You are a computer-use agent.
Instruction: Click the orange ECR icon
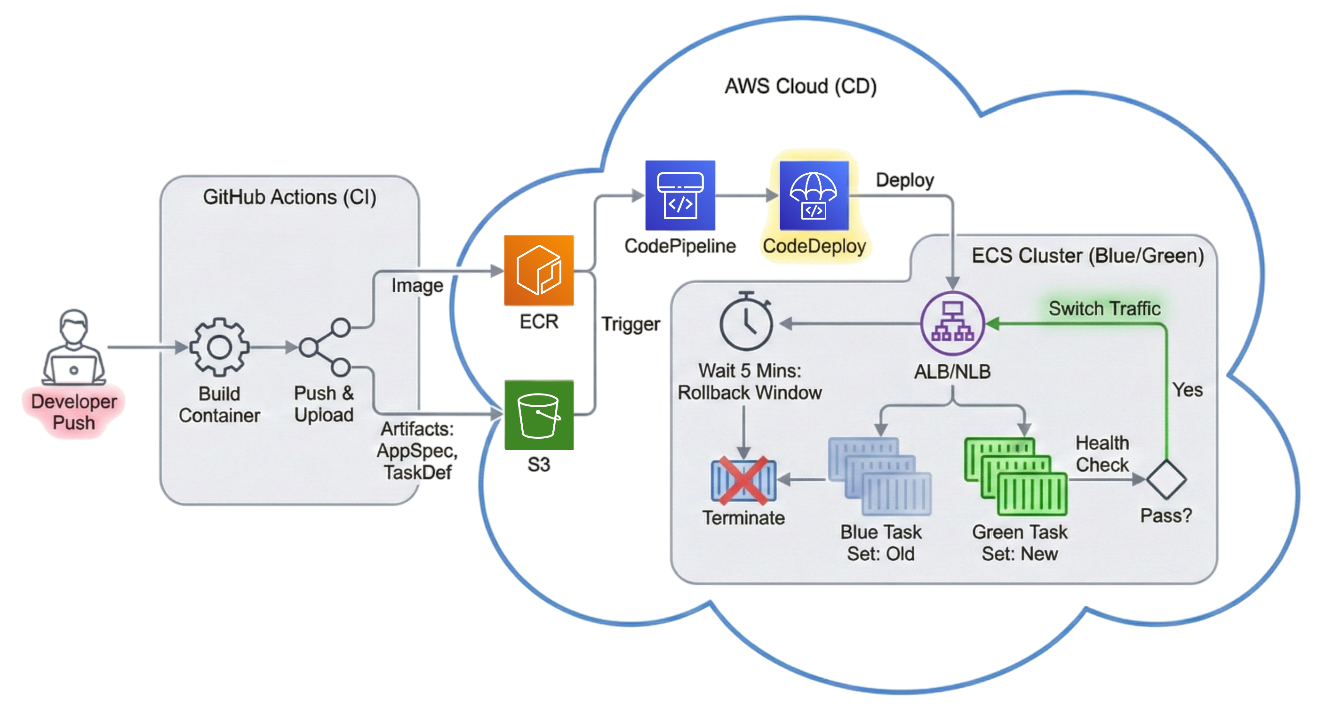539,271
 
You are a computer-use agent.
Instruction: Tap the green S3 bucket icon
539,415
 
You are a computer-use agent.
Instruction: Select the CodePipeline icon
680,195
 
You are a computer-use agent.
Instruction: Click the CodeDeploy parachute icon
814,195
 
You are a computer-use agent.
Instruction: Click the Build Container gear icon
220,347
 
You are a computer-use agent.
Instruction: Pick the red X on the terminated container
743,481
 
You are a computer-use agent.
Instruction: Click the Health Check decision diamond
1166,480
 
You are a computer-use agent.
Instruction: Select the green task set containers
1015,476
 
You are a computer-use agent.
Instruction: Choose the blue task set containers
879,476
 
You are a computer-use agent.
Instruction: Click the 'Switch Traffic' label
1104,309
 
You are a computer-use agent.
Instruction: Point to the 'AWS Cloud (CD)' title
800,86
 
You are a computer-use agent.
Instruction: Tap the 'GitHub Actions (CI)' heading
289,197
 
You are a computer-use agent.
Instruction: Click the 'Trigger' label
631,324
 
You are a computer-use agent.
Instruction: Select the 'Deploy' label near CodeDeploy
905,180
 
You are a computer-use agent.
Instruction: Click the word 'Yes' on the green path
1188,390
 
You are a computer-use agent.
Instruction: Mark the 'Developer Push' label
74,412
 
